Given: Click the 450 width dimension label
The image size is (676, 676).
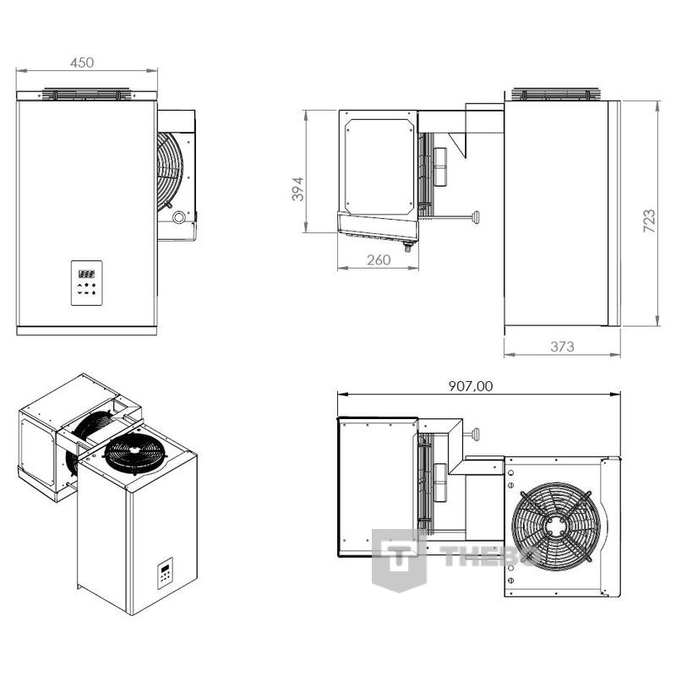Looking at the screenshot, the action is click(82, 63).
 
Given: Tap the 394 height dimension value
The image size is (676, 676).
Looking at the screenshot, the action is click(298, 189).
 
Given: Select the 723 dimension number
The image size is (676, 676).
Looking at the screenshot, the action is click(649, 221).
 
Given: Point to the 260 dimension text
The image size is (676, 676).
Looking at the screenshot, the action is click(379, 260).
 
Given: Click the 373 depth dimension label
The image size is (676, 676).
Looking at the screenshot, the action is click(562, 346).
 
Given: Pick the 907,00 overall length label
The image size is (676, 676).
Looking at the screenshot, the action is click(471, 386).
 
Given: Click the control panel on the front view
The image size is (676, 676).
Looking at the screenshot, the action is click(87, 283).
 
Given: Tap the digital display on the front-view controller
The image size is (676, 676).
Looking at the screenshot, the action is click(87, 273).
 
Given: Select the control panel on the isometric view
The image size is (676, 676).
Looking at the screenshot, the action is click(165, 574).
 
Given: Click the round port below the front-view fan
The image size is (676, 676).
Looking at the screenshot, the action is click(179, 217).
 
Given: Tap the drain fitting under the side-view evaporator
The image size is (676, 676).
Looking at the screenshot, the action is click(407, 246).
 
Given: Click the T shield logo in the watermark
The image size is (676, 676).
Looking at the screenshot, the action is click(399, 560).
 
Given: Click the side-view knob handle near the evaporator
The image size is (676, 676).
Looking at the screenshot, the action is click(476, 217).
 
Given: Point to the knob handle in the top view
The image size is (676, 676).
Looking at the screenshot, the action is click(476, 434).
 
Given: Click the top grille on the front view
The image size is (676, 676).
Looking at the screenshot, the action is click(87, 94).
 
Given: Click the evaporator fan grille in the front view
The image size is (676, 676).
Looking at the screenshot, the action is click(170, 172).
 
